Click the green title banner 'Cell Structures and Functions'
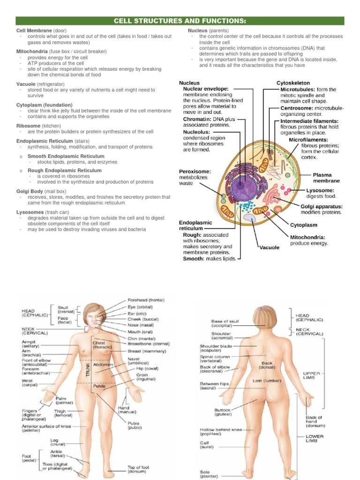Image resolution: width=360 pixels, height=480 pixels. (180, 21)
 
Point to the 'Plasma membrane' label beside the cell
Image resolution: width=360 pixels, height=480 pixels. (326, 178)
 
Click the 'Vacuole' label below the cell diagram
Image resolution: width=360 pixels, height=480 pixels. (269, 247)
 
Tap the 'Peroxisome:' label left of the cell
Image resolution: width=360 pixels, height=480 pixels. (195, 172)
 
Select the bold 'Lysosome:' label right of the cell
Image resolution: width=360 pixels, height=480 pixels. (320, 190)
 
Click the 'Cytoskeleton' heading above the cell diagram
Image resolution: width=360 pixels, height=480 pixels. (293, 83)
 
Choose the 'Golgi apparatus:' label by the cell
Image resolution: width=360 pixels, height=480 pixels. (321, 206)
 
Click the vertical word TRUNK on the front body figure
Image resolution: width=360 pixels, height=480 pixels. (87, 366)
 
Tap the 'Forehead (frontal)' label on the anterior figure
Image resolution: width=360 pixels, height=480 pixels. (146, 300)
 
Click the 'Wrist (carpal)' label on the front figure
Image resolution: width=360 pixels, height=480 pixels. (28, 383)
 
